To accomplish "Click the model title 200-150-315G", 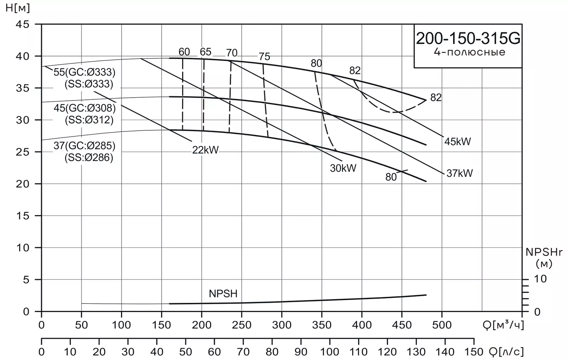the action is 468,39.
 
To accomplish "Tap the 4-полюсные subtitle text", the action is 469,52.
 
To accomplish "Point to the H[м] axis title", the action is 18,8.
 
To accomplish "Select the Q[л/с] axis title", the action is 506,352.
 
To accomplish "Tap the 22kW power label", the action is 206,150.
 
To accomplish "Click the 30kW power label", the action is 343,168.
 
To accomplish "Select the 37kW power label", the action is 459,173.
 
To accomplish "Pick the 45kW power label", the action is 458,141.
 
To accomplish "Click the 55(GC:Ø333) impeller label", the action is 84,72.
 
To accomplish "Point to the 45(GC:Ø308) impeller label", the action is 84,108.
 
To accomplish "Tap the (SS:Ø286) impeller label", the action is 89,158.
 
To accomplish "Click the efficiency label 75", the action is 264,56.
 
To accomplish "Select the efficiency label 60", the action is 184,52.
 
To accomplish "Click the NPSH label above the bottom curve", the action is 223,294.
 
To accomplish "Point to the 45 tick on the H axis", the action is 23,24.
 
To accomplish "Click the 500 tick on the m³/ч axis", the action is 442,325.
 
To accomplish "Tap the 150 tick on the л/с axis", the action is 474,352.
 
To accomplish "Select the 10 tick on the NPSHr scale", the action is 540,279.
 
